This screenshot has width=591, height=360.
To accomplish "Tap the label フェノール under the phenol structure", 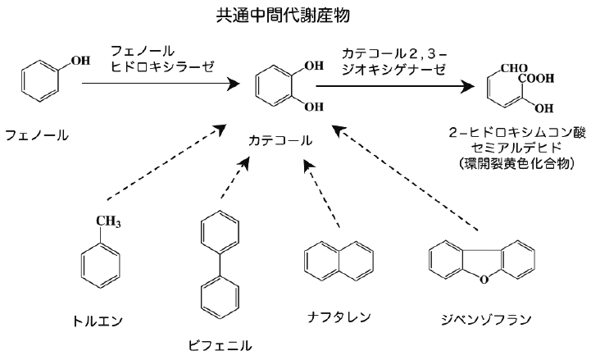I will tap(37, 132).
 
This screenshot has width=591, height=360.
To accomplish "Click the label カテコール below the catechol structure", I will tap(280, 140).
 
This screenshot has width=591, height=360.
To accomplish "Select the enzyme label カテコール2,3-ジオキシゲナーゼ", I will tap(394, 58).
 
